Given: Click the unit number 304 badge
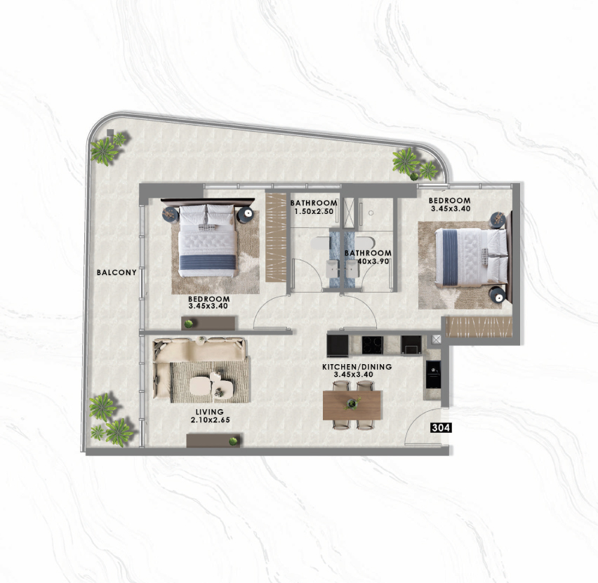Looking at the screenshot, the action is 441,428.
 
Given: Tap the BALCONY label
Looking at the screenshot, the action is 117,273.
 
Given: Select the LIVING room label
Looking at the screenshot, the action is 209,412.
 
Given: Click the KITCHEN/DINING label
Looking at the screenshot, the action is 357,367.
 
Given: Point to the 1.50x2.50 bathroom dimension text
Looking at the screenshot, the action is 314,211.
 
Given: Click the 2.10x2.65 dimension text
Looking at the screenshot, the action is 211,420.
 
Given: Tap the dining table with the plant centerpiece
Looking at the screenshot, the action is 352,405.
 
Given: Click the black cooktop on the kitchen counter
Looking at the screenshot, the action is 372,345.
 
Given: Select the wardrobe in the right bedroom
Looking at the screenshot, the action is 479,327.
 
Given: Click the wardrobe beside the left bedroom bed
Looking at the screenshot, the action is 276,237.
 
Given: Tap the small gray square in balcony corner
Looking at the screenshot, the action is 110,133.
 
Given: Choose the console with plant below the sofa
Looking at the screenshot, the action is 213,441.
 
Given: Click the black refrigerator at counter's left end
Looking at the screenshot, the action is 338,345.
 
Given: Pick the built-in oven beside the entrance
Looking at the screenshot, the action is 433,374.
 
